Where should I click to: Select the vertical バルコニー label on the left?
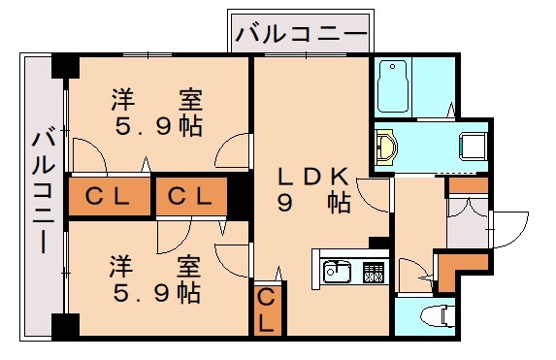coord(42,192)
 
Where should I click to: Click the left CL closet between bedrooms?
coord(109,196)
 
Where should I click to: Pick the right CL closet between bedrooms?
coord(191,196)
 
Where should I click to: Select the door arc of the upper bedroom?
coord(233,153)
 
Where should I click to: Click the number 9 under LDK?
coord(285,204)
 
